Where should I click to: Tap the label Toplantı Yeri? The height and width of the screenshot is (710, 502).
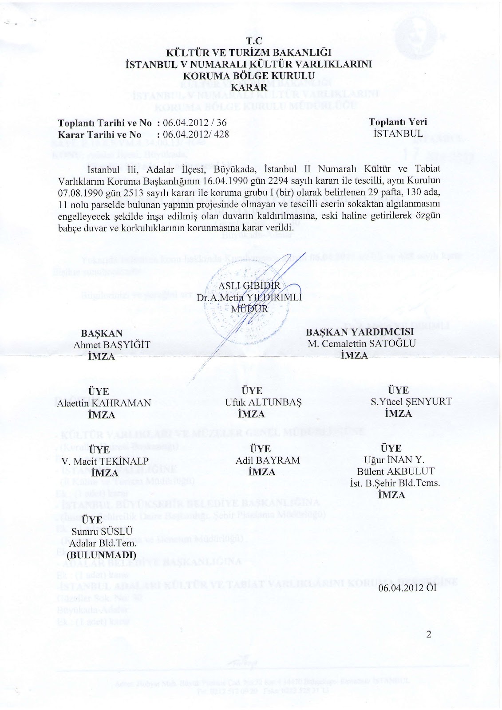pos(397,122)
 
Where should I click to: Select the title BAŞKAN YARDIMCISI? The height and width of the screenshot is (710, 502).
pos(360,332)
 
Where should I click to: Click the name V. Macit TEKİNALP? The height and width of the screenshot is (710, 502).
pos(105,460)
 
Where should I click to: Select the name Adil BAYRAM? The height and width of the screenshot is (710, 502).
pos(262,460)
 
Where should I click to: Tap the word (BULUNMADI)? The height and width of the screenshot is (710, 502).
pos(101,555)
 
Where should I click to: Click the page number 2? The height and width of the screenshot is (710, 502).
pos(428,634)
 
